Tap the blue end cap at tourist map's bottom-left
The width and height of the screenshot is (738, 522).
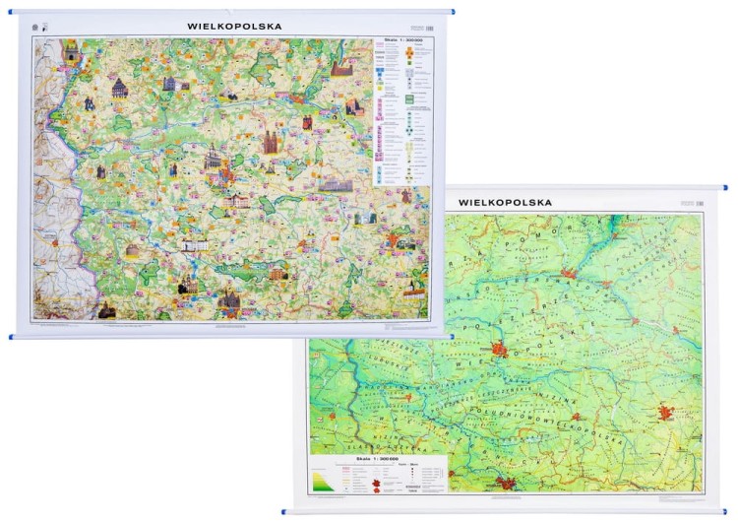click(13, 337)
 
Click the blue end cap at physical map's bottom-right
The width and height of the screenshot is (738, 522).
click(723, 510)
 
